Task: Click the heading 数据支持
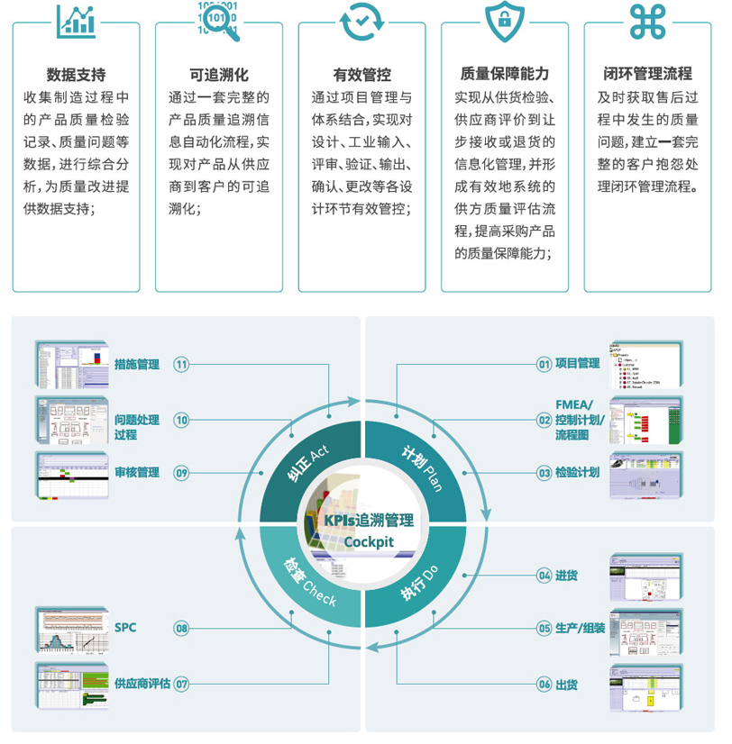76,75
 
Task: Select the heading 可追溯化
219,75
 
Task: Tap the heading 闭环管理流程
647,75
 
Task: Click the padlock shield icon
505,23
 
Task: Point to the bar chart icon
76,22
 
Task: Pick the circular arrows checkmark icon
361,23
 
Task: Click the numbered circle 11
182,365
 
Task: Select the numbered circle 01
544,364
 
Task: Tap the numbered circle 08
182,628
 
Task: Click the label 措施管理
137,365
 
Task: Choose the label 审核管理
137,472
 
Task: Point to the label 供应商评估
142,684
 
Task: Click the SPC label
125,627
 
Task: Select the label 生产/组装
580,628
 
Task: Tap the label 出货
567,685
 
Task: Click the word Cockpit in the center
369,540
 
